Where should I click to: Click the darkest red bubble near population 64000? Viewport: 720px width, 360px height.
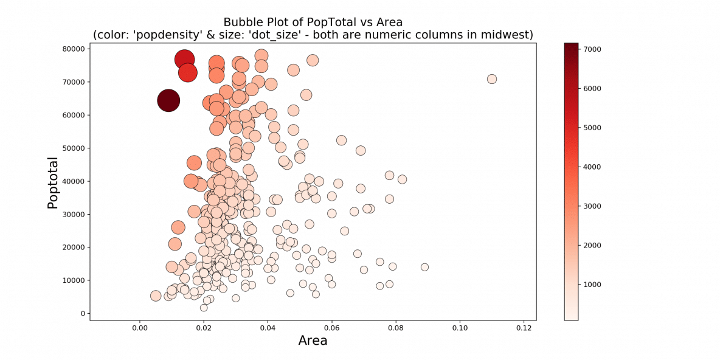(168, 100)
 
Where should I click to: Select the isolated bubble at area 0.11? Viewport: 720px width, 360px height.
(492, 79)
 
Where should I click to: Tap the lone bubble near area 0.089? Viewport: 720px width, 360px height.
(424, 267)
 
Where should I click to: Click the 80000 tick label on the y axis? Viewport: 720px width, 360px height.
(74, 49)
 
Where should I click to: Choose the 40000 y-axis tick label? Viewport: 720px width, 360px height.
(74, 181)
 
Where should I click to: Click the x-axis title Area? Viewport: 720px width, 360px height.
(313, 341)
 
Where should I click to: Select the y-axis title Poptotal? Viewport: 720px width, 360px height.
(54, 183)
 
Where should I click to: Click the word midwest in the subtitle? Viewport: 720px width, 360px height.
(507, 35)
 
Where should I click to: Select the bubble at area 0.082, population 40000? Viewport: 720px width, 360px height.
(402, 179)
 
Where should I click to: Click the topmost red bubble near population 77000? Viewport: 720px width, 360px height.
(184, 59)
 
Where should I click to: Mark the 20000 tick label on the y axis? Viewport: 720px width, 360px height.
(74, 247)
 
